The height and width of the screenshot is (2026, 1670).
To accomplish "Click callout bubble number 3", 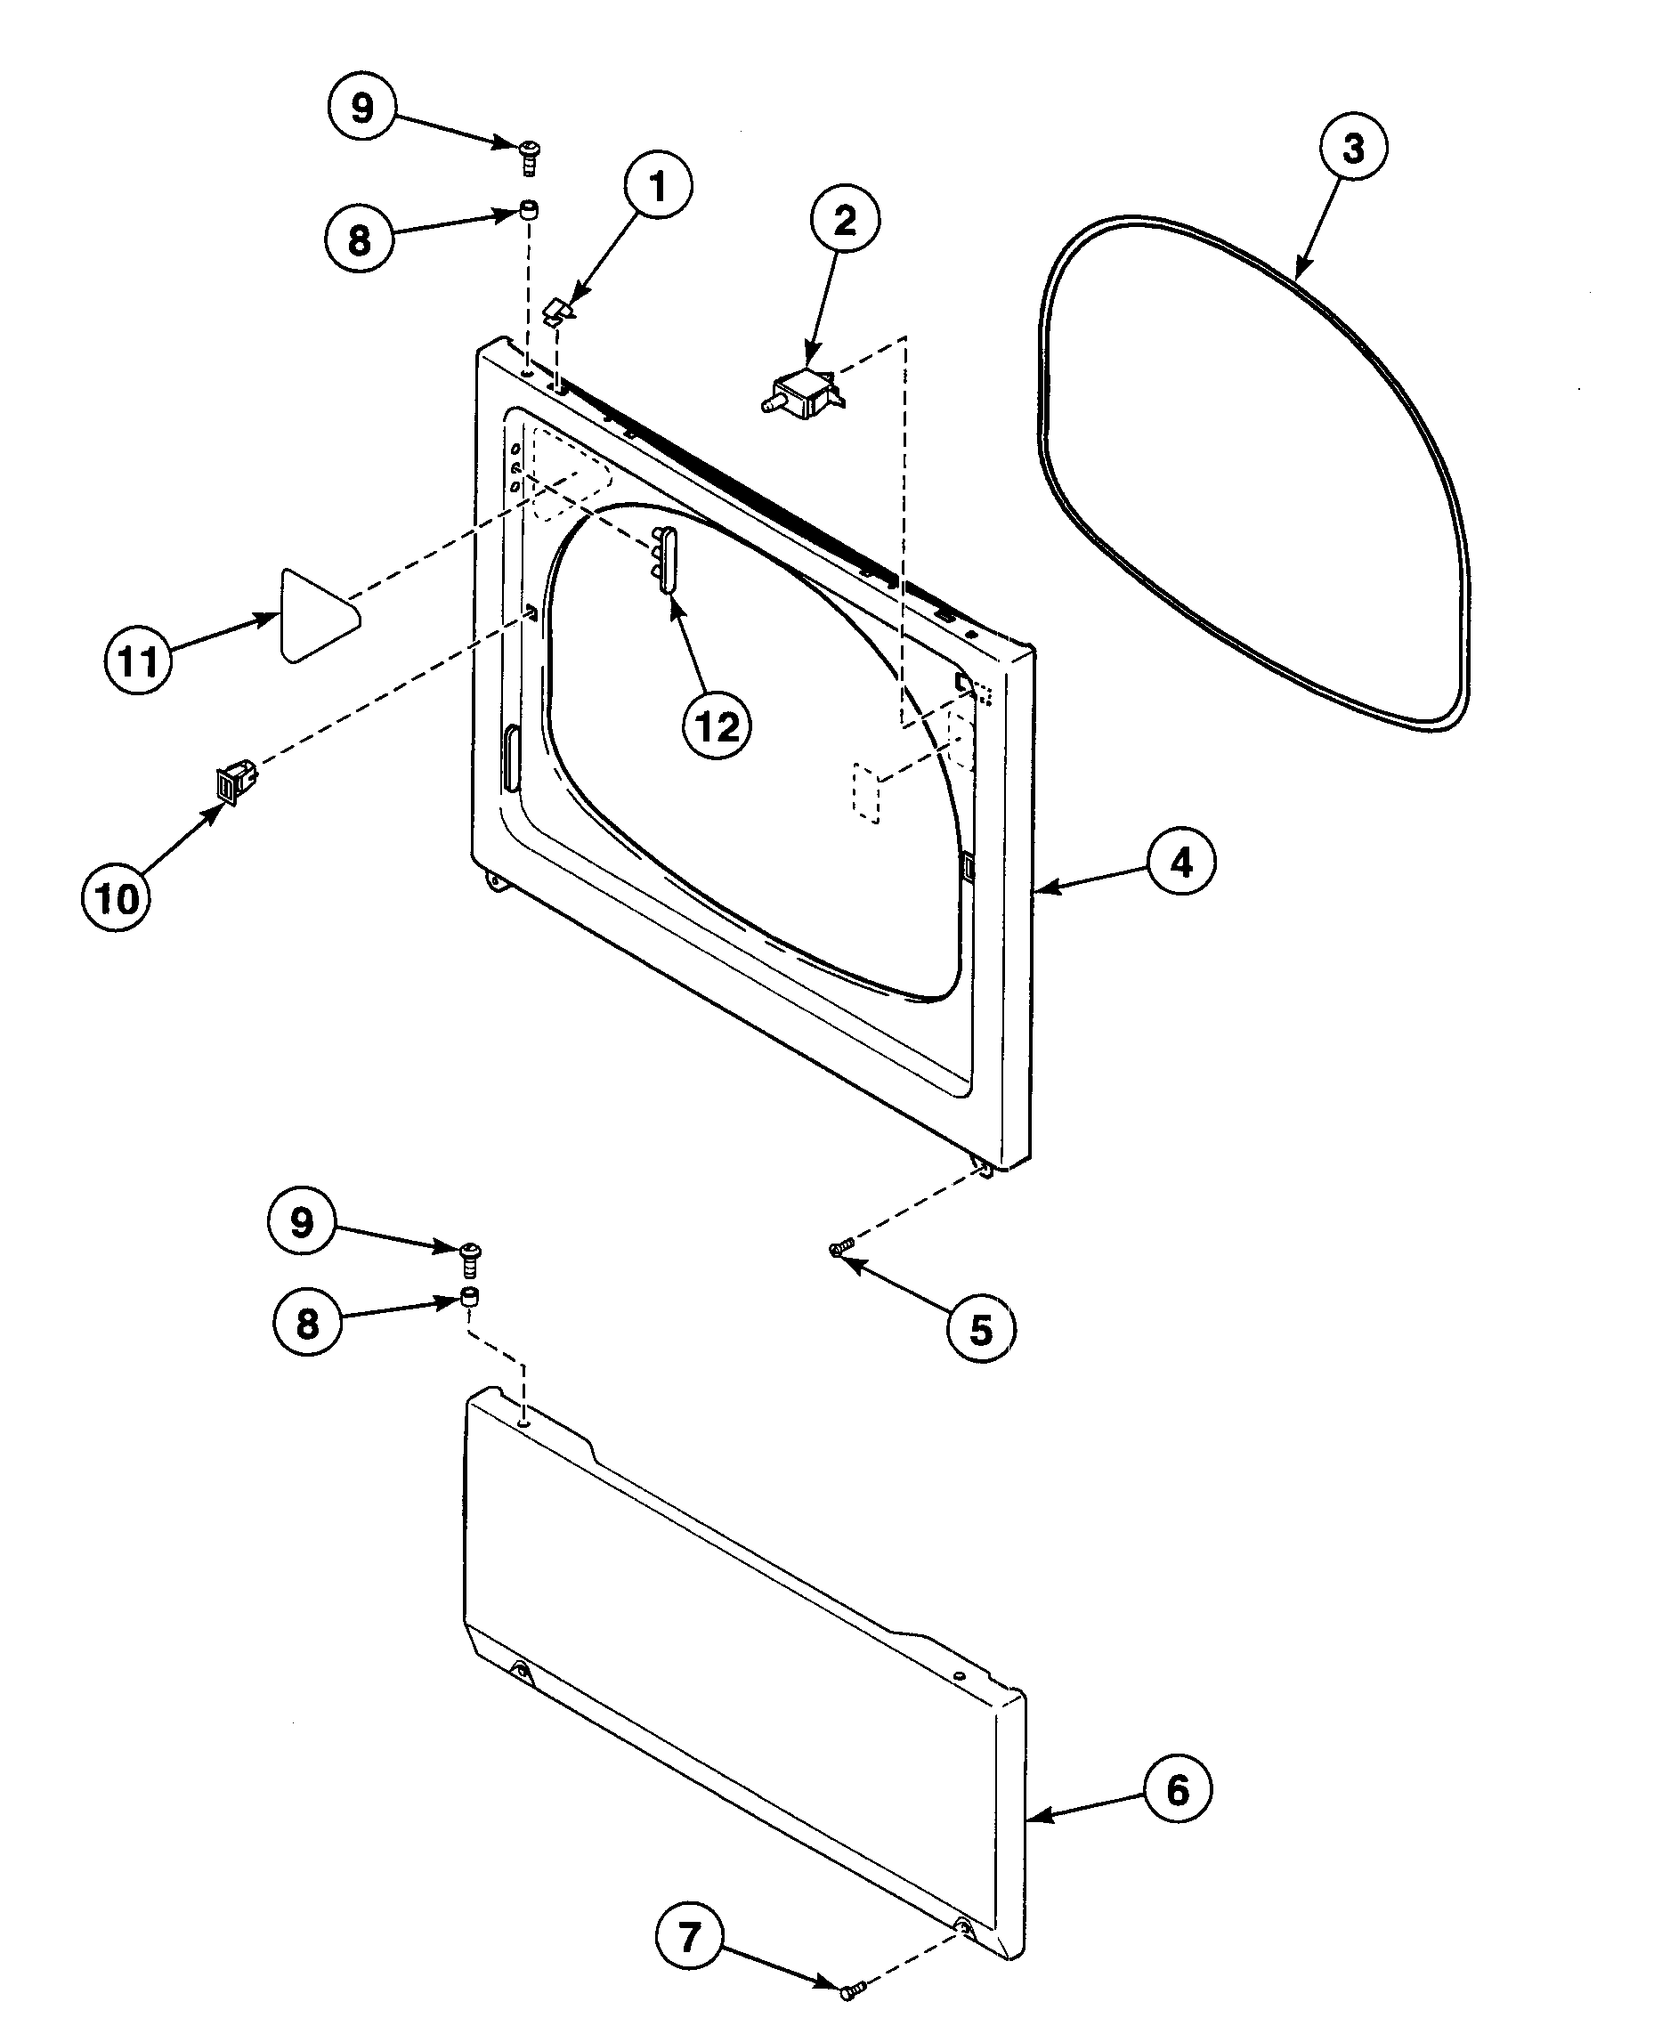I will point(1352,150).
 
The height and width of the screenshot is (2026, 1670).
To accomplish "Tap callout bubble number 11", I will point(138,660).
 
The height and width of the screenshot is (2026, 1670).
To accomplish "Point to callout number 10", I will point(117,898).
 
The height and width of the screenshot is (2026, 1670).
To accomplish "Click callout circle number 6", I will point(1178,1789).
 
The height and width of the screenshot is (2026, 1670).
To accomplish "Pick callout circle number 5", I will point(980,1331).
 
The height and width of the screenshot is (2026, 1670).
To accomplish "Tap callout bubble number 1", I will point(658,187).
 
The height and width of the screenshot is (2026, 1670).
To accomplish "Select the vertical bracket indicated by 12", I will point(666,558).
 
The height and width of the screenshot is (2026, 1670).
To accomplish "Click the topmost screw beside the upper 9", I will point(529,156).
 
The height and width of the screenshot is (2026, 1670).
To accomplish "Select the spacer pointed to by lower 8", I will point(470,1296).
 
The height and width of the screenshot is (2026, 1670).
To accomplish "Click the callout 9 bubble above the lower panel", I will point(302,1223).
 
